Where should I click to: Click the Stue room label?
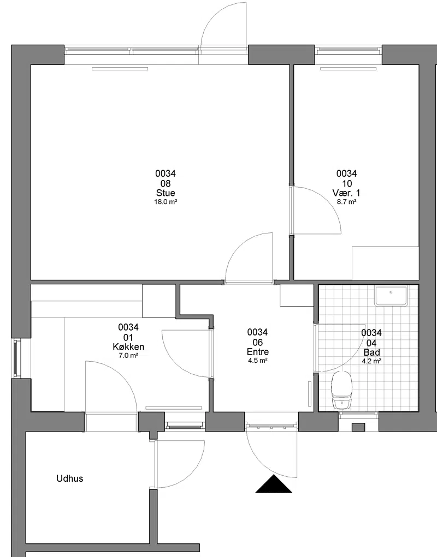pyautogui.click(x=166, y=193)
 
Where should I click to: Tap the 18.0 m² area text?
pyautogui.click(x=166, y=202)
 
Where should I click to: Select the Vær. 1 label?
pyautogui.click(x=346, y=193)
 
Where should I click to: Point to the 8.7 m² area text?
pyautogui.click(x=347, y=202)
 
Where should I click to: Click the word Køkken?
pyautogui.click(x=128, y=347)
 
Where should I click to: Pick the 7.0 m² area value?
pyautogui.click(x=128, y=355)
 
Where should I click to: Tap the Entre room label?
pyautogui.click(x=258, y=352)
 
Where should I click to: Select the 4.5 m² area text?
pyautogui.click(x=258, y=360)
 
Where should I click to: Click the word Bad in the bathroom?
pyautogui.click(x=371, y=352)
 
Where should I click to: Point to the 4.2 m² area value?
pyautogui.click(x=371, y=361)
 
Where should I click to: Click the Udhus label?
pyautogui.click(x=70, y=478)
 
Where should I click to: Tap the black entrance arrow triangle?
pyautogui.click(x=274, y=484)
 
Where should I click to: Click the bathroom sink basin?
pyautogui.click(x=391, y=296)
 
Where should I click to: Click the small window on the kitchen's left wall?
pyautogui.click(x=16, y=358)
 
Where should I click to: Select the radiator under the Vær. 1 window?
pyautogui.click(x=348, y=69)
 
